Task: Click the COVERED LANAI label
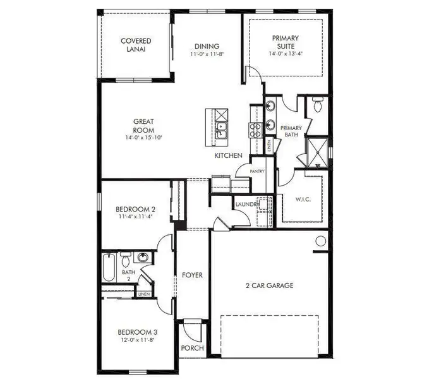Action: [136, 45]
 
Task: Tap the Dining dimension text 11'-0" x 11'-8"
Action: [207, 54]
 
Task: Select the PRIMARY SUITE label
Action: [286, 42]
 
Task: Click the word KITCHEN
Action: [228, 155]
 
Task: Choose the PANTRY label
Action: [257, 171]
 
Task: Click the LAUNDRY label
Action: [246, 205]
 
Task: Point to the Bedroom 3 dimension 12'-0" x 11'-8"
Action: [137, 340]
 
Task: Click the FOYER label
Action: [192, 275]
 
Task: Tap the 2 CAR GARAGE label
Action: [270, 286]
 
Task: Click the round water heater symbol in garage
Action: [320, 241]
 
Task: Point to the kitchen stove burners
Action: [256, 130]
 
